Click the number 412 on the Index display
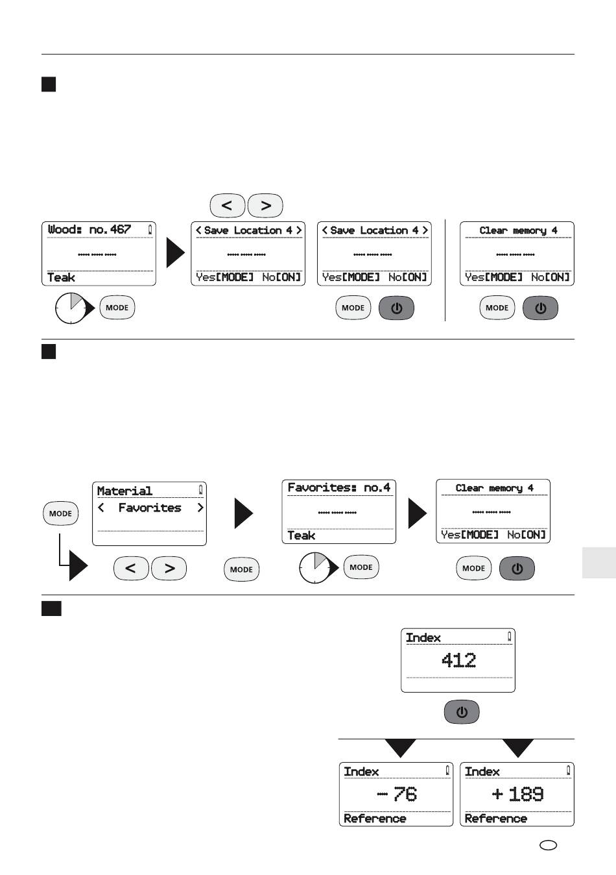pos(458,661)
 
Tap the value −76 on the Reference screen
pos(397,794)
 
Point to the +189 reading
pos(517,794)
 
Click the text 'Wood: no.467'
pos(89,229)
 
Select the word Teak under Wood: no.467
pos(61,278)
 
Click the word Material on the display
pos(124,491)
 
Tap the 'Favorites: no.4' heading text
pos(338,487)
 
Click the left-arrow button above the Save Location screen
pos(227,206)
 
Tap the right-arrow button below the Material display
pos(169,568)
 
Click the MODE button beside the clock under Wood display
pos(117,308)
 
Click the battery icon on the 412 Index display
pos(509,637)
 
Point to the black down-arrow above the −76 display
pos(401,747)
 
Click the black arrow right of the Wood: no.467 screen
pos(175,253)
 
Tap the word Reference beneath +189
pos(496,819)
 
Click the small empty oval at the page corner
pos(548,846)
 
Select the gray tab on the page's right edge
pos(599,563)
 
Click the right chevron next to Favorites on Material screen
pos(200,508)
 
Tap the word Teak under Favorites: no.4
pos(301,536)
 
